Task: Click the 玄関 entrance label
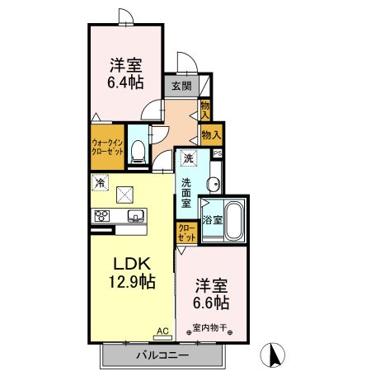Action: [x=181, y=86]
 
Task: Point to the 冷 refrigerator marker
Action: [x=101, y=183]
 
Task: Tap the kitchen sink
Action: [x=136, y=217]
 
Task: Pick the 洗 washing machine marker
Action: [x=189, y=158]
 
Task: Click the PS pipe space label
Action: [x=217, y=153]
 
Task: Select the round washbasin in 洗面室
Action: [x=214, y=184]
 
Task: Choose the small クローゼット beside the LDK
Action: [x=187, y=232]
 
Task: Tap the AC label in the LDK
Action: [x=162, y=331]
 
